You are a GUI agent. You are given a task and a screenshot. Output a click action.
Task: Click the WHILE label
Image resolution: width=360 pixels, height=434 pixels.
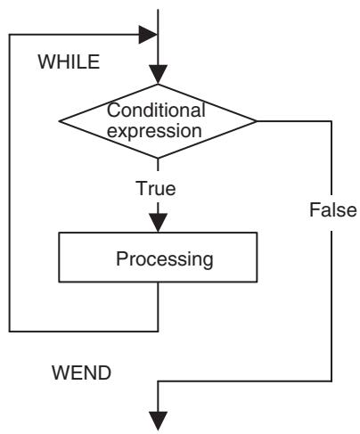pyautogui.click(x=69, y=61)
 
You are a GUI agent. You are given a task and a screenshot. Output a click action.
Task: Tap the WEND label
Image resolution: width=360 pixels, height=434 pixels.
pyautogui.click(x=81, y=373)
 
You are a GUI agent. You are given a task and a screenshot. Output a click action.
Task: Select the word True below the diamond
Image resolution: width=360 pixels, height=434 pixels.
pyautogui.click(x=156, y=188)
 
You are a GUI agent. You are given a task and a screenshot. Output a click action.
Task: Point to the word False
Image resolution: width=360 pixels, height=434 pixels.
pyautogui.click(x=333, y=209)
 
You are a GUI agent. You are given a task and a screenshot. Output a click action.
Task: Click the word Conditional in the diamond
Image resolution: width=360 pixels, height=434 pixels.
pyautogui.click(x=156, y=110)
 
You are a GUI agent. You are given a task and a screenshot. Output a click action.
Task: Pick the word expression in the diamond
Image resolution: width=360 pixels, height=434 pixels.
pyautogui.click(x=154, y=131)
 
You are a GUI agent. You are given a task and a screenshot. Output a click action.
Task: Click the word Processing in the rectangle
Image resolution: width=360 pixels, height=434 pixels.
pyautogui.click(x=165, y=259)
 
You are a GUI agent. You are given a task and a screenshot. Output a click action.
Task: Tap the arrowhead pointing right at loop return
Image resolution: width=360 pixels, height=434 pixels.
pyautogui.click(x=148, y=35)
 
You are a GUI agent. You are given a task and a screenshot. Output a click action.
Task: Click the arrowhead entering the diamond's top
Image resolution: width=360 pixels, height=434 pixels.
pyautogui.click(x=158, y=74)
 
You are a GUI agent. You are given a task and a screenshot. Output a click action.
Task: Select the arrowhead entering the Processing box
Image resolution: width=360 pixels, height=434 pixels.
pyautogui.click(x=158, y=223)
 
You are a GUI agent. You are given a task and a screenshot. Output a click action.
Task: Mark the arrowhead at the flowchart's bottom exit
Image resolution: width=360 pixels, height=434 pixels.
pyautogui.click(x=158, y=421)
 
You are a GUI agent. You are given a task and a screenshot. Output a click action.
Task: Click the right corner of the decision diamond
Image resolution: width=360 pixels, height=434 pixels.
pyautogui.click(x=257, y=121)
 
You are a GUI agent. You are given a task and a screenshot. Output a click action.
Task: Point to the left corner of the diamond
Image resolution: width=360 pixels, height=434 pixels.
pyautogui.click(x=59, y=121)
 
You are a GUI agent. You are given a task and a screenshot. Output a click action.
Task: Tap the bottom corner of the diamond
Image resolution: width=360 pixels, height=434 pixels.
pyautogui.click(x=158, y=158)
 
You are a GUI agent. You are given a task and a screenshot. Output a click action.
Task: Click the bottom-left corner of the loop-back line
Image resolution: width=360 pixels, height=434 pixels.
pyautogui.click(x=10, y=332)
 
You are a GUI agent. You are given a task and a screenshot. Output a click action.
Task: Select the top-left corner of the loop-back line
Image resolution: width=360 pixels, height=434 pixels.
pyautogui.click(x=10, y=35)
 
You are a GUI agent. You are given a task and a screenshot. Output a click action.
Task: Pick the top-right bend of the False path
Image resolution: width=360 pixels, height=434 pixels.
pyautogui.click(x=331, y=121)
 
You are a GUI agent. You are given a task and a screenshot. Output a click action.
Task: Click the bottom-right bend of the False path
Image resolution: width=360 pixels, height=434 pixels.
pyautogui.click(x=331, y=381)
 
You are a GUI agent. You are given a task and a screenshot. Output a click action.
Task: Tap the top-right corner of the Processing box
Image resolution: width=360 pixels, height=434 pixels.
pyautogui.click(x=257, y=233)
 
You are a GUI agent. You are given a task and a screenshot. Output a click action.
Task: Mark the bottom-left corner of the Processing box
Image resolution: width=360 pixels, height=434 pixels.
pyautogui.click(x=59, y=282)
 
